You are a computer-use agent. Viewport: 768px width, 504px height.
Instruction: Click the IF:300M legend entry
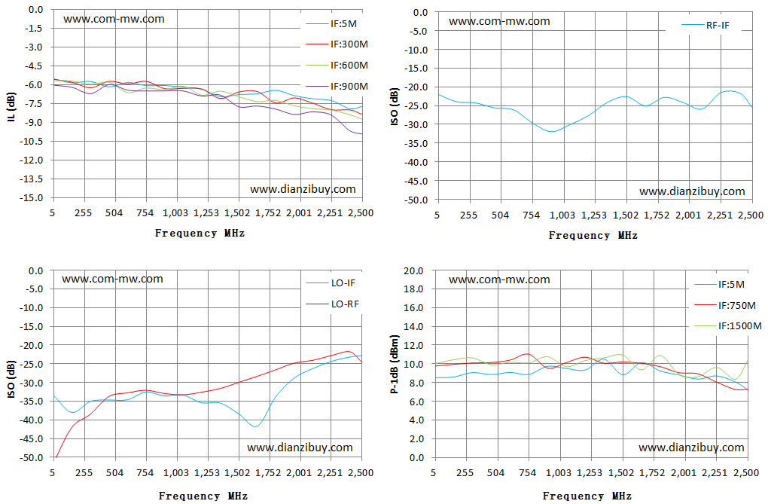click(x=337, y=44)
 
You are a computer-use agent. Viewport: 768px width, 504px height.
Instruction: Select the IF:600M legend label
click(x=337, y=66)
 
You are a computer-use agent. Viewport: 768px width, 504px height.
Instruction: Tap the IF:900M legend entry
click(x=337, y=87)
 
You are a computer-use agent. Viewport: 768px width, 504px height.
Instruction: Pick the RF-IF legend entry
click(x=706, y=25)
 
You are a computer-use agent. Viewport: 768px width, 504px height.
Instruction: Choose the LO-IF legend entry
click(x=331, y=283)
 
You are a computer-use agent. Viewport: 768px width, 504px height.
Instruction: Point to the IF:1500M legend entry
click(x=728, y=326)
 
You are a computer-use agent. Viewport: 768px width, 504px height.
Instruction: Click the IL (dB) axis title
click(x=11, y=106)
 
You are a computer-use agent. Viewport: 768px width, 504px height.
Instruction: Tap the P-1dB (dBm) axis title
click(x=395, y=365)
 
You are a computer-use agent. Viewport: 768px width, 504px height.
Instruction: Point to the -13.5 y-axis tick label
click(x=32, y=179)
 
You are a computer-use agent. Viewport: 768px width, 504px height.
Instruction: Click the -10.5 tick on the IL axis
click(x=32, y=141)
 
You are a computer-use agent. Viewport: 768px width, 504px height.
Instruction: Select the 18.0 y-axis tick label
click(x=413, y=289)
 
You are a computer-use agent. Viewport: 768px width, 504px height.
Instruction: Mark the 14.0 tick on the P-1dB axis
click(x=413, y=326)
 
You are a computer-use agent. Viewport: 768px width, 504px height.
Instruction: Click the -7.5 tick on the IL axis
click(x=33, y=103)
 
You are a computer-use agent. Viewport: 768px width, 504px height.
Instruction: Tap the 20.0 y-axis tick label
click(x=413, y=270)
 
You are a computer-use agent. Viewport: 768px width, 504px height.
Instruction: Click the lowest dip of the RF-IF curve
click(x=551, y=131)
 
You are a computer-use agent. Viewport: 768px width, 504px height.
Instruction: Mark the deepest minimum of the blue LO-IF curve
click(x=254, y=426)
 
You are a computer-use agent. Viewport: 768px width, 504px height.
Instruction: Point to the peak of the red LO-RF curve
click(x=348, y=352)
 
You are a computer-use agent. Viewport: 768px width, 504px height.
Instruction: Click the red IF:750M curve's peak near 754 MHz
click(x=527, y=353)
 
